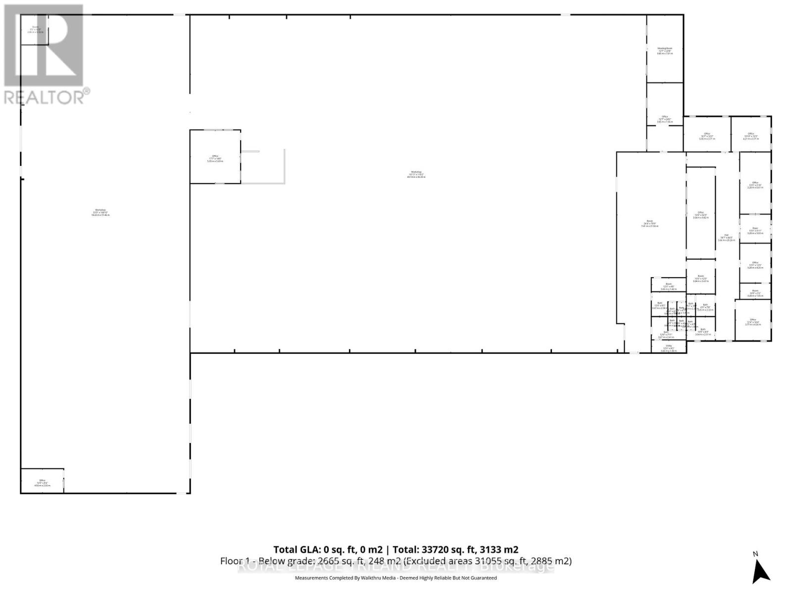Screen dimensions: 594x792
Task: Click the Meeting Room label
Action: [x=664, y=50]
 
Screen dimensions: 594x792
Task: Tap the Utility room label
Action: [x=668, y=348]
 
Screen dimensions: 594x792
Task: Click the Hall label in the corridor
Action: [x=726, y=237]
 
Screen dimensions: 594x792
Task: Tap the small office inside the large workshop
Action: [x=215, y=158]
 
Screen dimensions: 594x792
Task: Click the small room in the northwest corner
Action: [x=35, y=30]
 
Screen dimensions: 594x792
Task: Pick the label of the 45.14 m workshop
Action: [x=416, y=174]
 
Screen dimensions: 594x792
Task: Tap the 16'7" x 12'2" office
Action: [x=707, y=136]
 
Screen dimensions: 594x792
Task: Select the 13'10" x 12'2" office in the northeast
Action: [x=750, y=136]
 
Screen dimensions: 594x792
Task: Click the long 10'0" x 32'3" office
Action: [x=700, y=215]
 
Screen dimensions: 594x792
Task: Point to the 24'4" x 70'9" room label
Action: [x=649, y=223]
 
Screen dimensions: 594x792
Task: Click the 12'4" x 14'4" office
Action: [x=753, y=322]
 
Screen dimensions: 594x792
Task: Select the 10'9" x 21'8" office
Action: [x=755, y=185]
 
